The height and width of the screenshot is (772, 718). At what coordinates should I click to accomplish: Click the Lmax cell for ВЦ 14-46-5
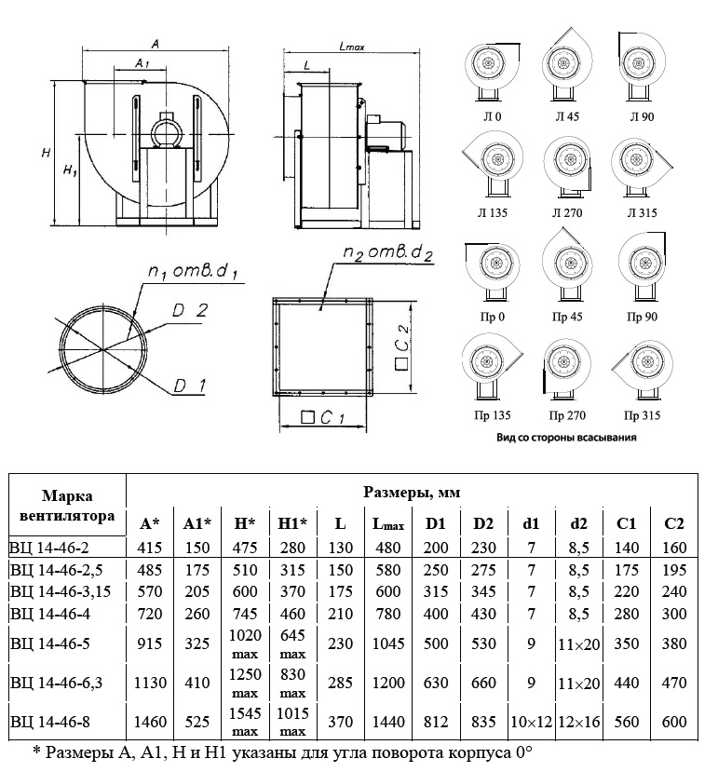[x=387, y=643]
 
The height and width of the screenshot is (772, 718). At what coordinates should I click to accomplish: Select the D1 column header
[x=435, y=523]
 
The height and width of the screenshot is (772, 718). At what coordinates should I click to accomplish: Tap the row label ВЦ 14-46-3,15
[x=61, y=591]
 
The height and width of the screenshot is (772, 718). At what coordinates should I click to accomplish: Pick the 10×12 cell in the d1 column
[x=531, y=722]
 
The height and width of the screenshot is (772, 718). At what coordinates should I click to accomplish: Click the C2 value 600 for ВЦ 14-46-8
[x=673, y=722]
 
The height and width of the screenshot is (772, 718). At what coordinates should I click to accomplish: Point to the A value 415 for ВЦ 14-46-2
[x=150, y=548]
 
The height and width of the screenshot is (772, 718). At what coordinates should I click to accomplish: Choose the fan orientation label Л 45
[x=567, y=116]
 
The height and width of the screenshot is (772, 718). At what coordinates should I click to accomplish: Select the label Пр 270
[x=567, y=415]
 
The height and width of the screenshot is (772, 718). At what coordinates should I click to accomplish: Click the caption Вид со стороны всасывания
[x=566, y=437]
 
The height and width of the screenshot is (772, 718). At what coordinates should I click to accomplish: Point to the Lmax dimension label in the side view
[x=352, y=47]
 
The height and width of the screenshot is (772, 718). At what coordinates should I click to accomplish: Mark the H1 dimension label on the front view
[x=70, y=170]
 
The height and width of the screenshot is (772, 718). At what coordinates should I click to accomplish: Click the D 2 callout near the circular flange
[x=190, y=311]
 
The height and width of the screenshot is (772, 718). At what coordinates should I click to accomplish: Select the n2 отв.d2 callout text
[x=387, y=253]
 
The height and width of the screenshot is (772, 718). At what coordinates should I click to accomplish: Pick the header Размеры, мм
[x=412, y=492]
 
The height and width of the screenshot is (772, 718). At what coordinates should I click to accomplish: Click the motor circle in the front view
[x=166, y=131]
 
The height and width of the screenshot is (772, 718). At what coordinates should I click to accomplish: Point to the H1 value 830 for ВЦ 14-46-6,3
[x=292, y=674]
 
